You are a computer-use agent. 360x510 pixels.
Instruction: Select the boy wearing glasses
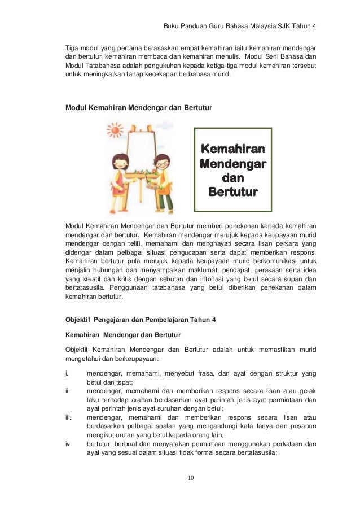coord(161,169)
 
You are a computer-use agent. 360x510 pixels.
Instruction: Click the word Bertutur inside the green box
coord(233,192)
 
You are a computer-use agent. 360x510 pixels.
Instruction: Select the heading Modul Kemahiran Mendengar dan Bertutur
coord(139,106)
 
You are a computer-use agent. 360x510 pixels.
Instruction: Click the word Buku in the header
coord(170,27)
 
